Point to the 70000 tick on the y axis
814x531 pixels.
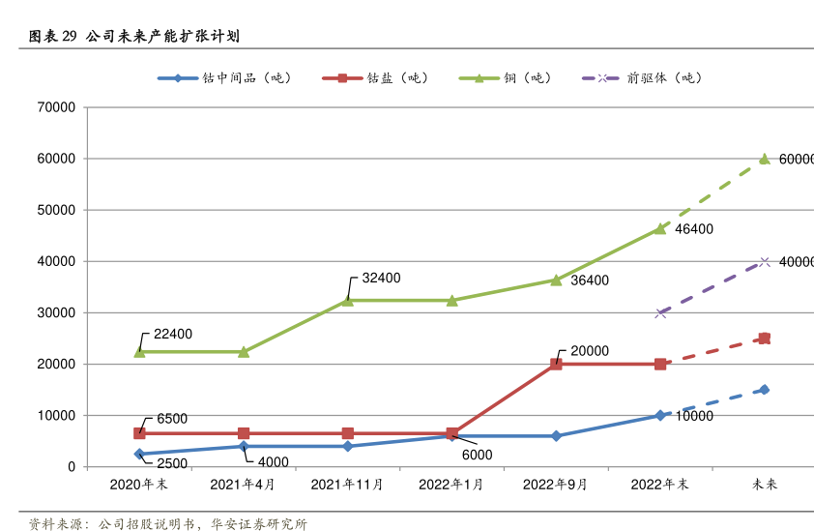56,107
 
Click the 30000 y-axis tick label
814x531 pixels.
56,313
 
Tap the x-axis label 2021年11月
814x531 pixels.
347,485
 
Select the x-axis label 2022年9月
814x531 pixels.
556,485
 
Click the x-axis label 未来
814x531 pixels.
765,485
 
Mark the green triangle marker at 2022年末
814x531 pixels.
660,229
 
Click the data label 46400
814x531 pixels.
694,229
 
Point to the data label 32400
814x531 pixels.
381,279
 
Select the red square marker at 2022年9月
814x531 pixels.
556,365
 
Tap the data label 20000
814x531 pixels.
590,351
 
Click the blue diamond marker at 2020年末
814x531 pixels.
139,454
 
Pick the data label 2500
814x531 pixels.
172,464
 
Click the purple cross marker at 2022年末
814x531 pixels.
660,312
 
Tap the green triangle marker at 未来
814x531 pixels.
765,159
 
